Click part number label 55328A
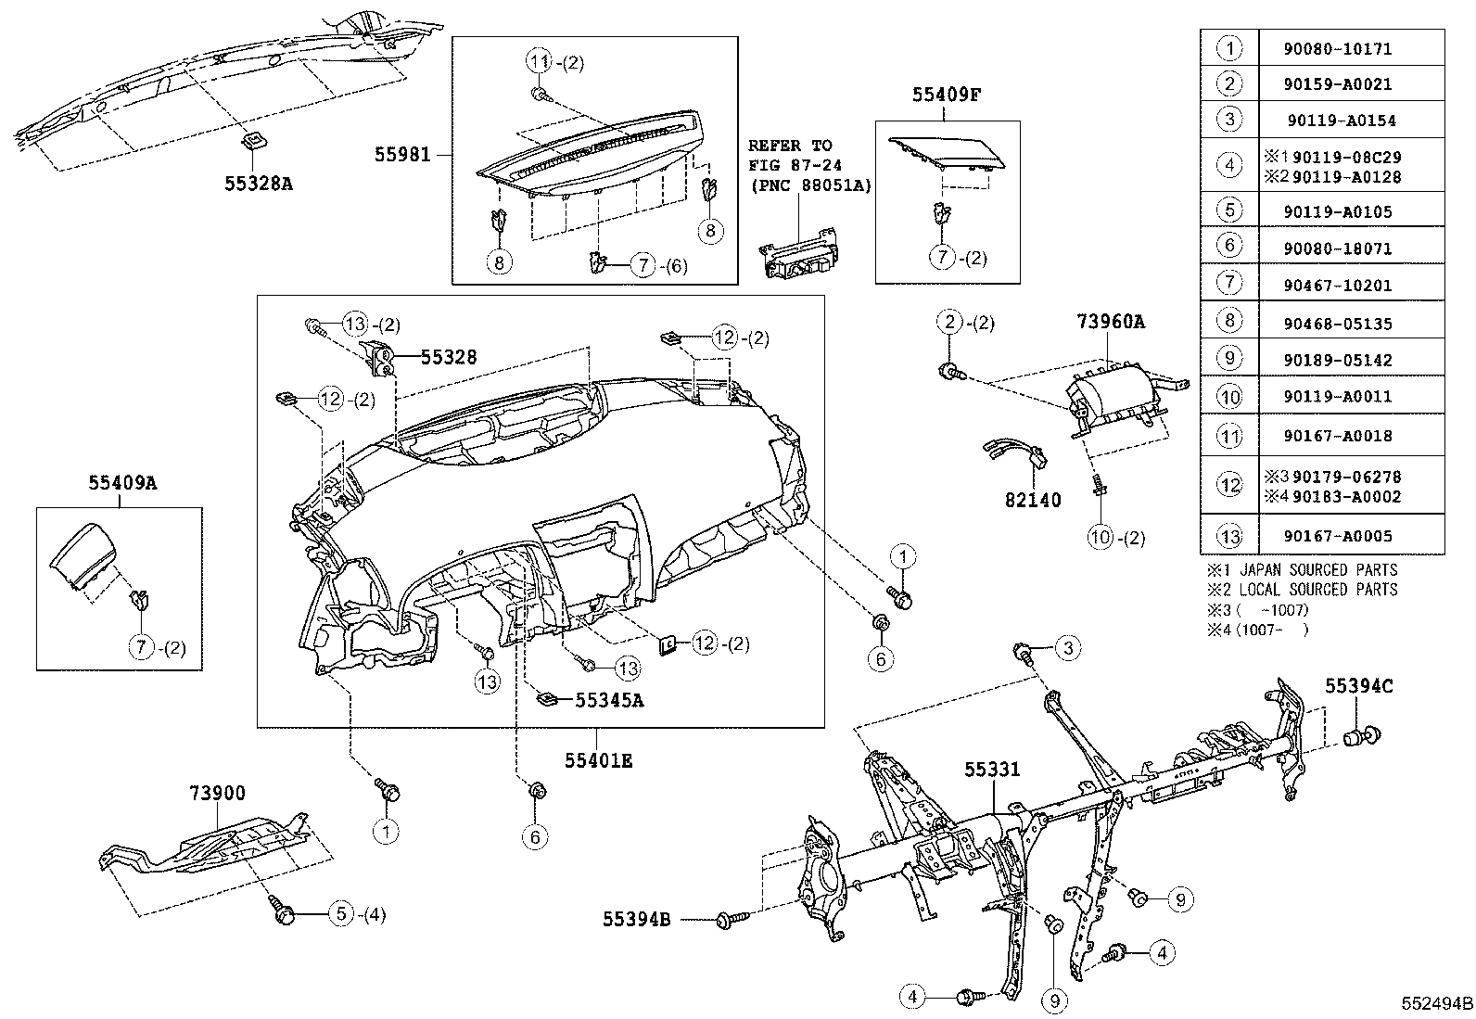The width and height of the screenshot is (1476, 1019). point(258,184)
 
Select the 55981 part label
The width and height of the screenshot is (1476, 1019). point(402,155)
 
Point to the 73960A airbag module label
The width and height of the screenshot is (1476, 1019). point(1110,323)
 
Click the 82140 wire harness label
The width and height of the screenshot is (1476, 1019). point(1032,500)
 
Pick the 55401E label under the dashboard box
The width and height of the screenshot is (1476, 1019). point(598,760)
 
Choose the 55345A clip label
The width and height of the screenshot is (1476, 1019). point(608,701)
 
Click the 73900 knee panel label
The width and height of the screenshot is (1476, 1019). point(217,793)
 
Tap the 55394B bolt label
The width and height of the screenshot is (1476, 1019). point(636,919)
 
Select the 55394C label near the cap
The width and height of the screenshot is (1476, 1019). point(1358,686)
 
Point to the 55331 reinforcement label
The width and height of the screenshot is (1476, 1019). point(991,770)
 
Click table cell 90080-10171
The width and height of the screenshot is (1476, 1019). point(1350,47)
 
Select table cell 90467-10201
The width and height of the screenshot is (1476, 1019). point(1350,285)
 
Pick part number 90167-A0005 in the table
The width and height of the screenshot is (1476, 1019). point(1350,535)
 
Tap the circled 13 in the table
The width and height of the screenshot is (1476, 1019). point(1228,535)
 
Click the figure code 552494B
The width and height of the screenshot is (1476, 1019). point(1436,1003)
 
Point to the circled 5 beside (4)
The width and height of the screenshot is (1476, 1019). point(340,914)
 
